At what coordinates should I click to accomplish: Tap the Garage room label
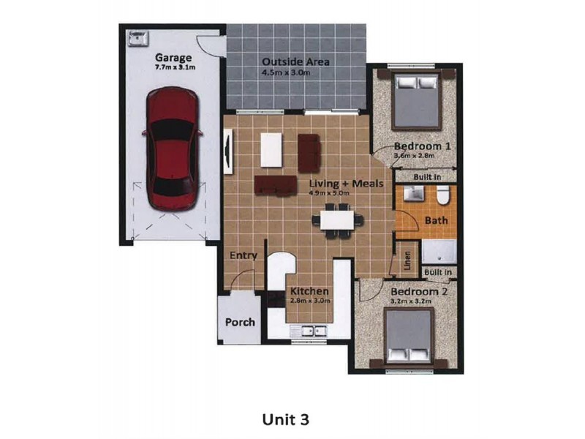tap(173, 57)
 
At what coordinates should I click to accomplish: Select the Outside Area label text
tap(295, 61)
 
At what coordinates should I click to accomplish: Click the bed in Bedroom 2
tap(409, 336)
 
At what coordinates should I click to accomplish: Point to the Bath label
tap(436, 219)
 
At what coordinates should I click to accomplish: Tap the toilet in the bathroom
tap(442, 195)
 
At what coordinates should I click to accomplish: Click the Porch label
tap(239, 322)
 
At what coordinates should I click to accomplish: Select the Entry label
tap(243, 255)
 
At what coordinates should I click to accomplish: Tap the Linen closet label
tap(407, 260)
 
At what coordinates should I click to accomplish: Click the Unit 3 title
tap(286, 419)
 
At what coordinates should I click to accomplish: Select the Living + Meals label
tap(345, 184)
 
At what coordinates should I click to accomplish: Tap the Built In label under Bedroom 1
tap(427, 177)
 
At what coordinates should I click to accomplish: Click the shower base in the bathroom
tap(441, 251)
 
